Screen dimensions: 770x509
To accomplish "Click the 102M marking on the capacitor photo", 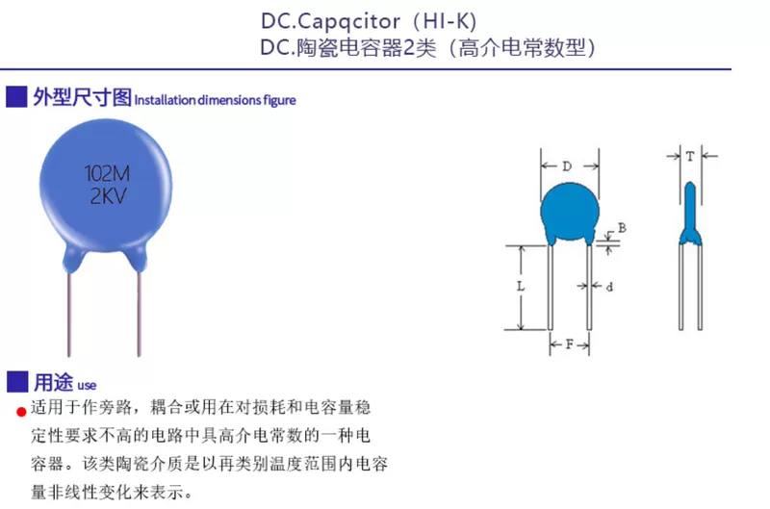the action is (x=107, y=175).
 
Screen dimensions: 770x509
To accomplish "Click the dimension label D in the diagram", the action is (x=567, y=166).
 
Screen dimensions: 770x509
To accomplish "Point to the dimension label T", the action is (x=690, y=155).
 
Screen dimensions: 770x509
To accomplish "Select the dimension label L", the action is (x=520, y=287).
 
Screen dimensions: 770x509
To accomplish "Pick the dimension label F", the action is (x=569, y=344).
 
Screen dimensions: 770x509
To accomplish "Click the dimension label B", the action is (x=622, y=228).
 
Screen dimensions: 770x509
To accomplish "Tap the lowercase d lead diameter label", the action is (x=609, y=287).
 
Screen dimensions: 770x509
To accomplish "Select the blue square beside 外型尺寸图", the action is (x=15, y=97).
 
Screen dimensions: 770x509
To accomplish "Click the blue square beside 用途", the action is (x=15, y=381).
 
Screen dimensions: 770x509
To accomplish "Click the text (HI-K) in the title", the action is (x=444, y=21).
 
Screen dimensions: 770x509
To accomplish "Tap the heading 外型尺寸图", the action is (x=81, y=97).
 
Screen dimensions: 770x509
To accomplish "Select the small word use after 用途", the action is (x=87, y=384).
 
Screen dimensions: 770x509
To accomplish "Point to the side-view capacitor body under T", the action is (x=690, y=207).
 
